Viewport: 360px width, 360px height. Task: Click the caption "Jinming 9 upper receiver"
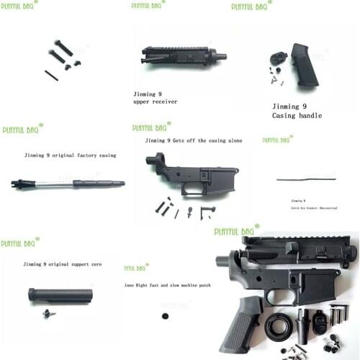pos(155,98)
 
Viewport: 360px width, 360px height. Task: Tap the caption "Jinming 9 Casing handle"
pos(297,110)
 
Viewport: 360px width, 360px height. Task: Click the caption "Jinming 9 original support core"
pos(60,264)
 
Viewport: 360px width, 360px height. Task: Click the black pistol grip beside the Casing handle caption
pos(303,65)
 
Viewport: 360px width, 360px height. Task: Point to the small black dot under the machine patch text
pos(164,315)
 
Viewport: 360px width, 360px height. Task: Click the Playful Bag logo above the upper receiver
pos(149,5)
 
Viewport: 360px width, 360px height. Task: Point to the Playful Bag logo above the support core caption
pos(19,243)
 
